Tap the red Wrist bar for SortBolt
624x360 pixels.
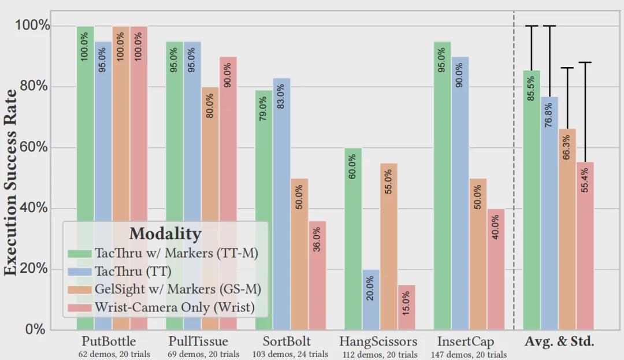[317, 275]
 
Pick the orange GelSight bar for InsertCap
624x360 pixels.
[478, 254]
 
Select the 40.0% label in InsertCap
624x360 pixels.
[495, 229]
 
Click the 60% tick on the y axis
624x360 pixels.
[34, 147]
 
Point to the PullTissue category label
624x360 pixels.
[198, 342]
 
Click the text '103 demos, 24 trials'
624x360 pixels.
[290, 354]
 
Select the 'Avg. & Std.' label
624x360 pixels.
[559, 342]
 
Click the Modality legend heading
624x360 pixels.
[165, 233]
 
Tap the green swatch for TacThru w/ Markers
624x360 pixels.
[80, 253]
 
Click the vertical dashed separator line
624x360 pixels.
[514, 173]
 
